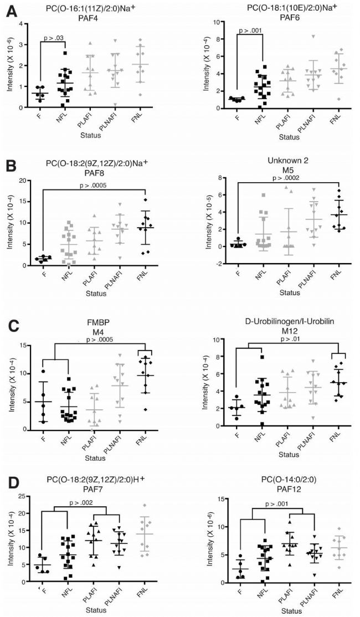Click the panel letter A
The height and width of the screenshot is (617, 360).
coord(9,11)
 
